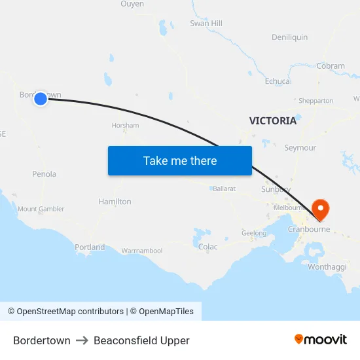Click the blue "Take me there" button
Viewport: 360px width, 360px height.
pyautogui.click(x=180, y=160)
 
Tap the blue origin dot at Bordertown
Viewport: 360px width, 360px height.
pyautogui.click(x=41, y=99)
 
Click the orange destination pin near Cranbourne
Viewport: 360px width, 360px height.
pyautogui.click(x=321, y=209)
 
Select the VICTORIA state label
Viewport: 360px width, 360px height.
pyautogui.click(x=273, y=120)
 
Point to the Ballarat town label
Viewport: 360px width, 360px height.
pyautogui.click(x=224, y=189)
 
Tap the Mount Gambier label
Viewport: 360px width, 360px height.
pyautogui.click(x=41, y=209)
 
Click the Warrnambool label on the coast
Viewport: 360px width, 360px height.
pyautogui.click(x=141, y=251)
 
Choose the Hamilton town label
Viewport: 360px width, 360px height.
pyautogui.click(x=115, y=202)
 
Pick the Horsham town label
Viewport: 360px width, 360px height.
pyautogui.click(x=125, y=125)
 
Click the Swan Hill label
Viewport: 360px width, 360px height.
pyautogui.click(x=206, y=24)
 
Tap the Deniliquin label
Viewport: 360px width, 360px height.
pyautogui.click(x=289, y=37)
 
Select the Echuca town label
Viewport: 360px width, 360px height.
pyautogui.click(x=277, y=81)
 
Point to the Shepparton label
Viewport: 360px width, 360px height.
pyautogui.click(x=315, y=101)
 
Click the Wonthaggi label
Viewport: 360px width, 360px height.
pyautogui.click(x=327, y=267)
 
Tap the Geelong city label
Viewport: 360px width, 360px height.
pyautogui.click(x=254, y=233)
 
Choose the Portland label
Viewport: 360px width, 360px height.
pyautogui.click(x=90, y=247)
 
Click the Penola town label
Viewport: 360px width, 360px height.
pyautogui.click(x=45, y=174)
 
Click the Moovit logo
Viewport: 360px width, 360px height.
pyautogui.click(x=321, y=340)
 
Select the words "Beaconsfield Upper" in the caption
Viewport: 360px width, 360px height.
pyautogui.click(x=141, y=340)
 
